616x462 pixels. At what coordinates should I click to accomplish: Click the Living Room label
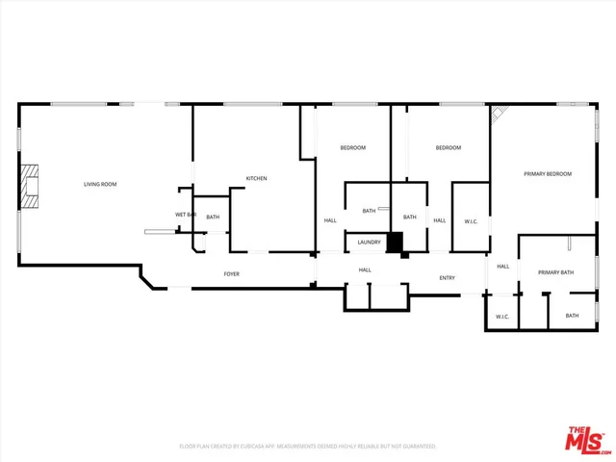click(x=100, y=184)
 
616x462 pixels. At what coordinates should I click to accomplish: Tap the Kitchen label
click(x=256, y=178)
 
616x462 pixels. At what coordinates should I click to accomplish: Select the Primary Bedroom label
click(x=548, y=174)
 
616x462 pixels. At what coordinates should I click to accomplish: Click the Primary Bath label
click(x=555, y=272)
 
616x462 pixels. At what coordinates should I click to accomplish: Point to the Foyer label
click(x=232, y=274)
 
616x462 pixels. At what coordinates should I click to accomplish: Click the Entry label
click(x=448, y=278)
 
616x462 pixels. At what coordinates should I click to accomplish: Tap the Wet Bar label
click(x=186, y=214)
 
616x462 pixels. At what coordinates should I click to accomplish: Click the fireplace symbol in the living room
click(x=32, y=186)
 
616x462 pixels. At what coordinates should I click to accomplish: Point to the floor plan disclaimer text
click(x=308, y=447)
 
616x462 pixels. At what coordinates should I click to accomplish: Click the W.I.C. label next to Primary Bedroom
click(x=471, y=221)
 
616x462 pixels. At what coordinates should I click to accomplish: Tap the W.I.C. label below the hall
click(x=501, y=317)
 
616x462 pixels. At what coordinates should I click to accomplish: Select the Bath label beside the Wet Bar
click(x=213, y=218)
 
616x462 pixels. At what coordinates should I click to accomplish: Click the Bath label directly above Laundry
click(x=369, y=211)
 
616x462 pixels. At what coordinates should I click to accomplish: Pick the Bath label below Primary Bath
click(x=572, y=316)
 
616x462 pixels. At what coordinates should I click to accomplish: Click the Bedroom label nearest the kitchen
click(x=352, y=147)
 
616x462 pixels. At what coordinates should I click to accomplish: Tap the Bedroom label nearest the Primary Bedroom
click(x=449, y=147)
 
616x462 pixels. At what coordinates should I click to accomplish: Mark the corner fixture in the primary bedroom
click(x=500, y=115)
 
